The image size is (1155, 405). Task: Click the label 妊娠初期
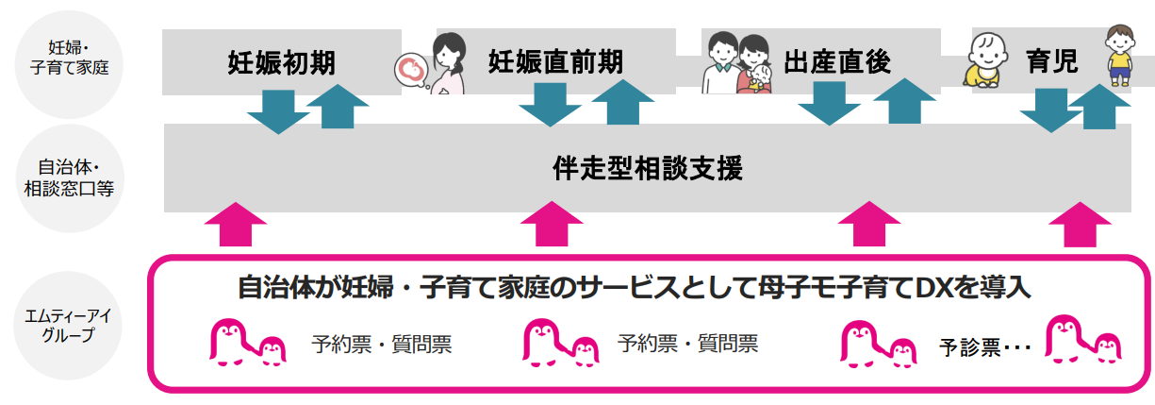click(x=281, y=62)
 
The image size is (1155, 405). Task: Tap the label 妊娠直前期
click(x=554, y=62)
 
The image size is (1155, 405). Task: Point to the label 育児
click(x=1051, y=62)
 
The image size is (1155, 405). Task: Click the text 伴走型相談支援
click(x=648, y=170)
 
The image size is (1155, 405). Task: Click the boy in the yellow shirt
click(x=1119, y=57)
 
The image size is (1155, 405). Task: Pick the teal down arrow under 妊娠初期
click(x=278, y=110)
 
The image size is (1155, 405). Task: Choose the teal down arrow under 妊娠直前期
click(x=550, y=104)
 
